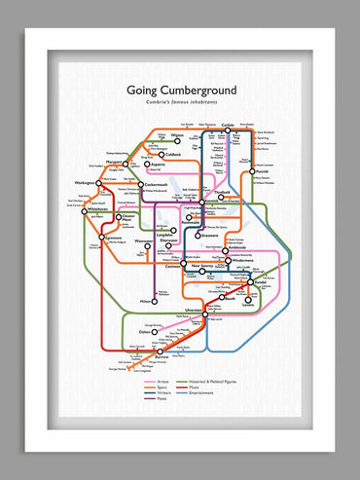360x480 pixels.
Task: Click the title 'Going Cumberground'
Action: pos(181,91)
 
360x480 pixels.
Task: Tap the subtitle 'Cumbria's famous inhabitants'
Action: pos(182,104)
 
